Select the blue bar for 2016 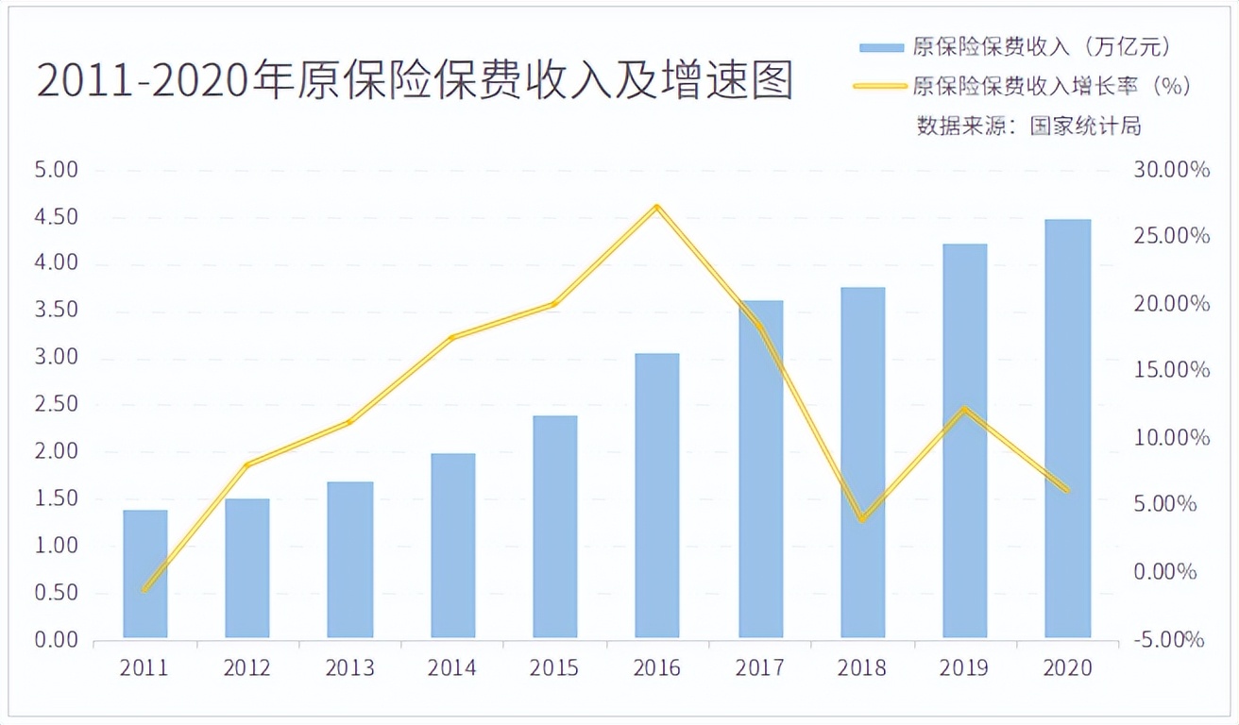[657, 496]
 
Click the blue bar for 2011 [145, 574]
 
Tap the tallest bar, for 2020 [1067, 429]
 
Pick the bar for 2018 [862, 463]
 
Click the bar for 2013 [350, 560]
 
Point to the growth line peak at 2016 [657, 207]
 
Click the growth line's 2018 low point [862, 519]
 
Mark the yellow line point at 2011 [145, 589]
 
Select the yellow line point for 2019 [964, 410]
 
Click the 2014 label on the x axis [452, 668]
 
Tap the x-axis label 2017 [759, 668]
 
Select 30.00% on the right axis [1171, 171]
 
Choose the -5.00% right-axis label [1169, 640]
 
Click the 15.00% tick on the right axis [1171, 370]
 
